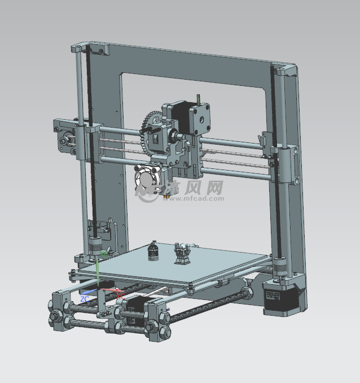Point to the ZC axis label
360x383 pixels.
[x=84, y=298]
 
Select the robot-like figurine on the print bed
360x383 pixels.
[x=182, y=253]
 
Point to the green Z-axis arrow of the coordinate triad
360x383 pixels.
[x=98, y=271]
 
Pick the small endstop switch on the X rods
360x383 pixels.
[x=262, y=141]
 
